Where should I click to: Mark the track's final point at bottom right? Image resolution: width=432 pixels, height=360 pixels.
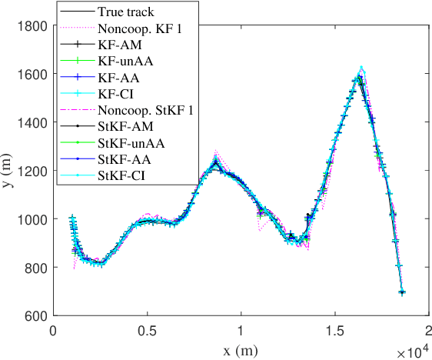[402, 292]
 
